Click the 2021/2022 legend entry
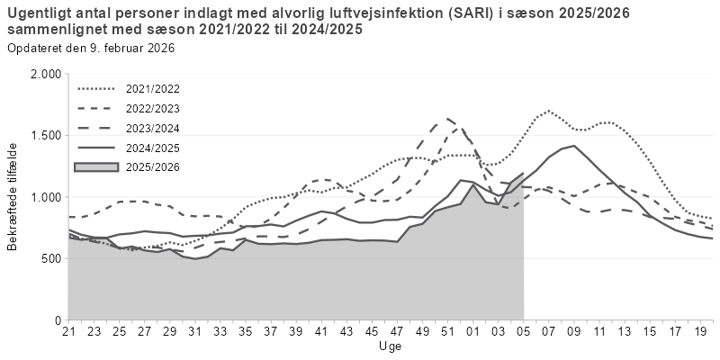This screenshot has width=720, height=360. click(x=153, y=90)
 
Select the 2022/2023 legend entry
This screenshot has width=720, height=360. click(x=153, y=109)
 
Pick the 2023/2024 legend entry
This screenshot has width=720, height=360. click(x=153, y=128)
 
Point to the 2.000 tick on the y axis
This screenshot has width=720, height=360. click(x=45, y=74)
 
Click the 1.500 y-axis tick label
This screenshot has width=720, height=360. click(x=45, y=135)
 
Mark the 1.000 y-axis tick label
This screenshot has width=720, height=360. click(x=45, y=197)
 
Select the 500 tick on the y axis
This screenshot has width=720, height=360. click(x=50, y=258)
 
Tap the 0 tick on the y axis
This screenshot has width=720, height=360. click(x=57, y=319)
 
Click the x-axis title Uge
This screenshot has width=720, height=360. click(x=391, y=346)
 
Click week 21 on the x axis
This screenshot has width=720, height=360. click(x=68, y=331)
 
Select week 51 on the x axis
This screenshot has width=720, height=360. click(x=447, y=331)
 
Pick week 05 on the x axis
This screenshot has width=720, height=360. click(x=523, y=331)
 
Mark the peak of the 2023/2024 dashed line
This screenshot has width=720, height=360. click(x=447, y=118)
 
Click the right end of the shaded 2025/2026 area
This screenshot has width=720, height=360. click(x=523, y=173)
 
